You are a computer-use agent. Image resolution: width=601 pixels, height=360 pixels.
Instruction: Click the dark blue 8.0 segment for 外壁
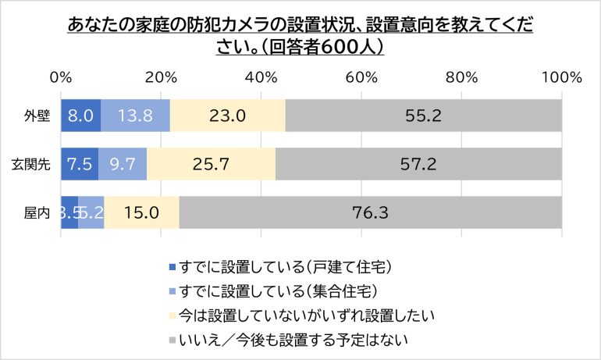80,116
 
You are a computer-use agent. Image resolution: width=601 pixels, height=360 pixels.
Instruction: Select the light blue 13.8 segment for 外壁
135,116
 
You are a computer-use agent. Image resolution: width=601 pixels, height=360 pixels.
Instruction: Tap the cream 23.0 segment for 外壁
227,116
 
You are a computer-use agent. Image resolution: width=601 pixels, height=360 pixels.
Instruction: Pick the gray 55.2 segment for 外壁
423,116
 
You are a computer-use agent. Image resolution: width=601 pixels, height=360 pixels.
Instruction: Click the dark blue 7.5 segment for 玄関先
80,164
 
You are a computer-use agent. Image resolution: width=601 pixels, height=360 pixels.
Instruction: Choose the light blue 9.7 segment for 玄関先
123,164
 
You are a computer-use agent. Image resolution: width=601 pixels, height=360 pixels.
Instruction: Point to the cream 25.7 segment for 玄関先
211,164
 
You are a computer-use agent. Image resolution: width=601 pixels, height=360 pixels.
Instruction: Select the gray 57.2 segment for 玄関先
418,164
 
